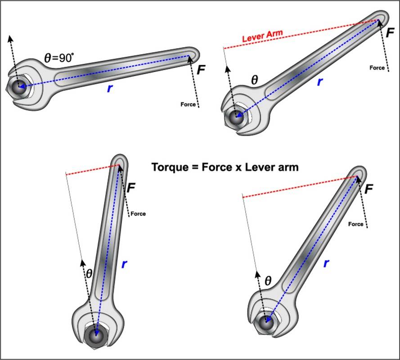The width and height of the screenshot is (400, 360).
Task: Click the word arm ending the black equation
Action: point(288,167)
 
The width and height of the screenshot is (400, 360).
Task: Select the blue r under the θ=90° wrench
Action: point(109,88)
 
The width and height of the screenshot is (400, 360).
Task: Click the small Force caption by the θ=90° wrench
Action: point(188,104)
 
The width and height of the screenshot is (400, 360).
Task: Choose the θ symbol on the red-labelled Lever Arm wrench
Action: point(254,80)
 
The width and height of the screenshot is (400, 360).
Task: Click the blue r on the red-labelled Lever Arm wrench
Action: point(320,81)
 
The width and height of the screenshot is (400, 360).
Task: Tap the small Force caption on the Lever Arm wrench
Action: point(377,68)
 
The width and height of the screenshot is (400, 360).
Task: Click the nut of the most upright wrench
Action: point(96,335)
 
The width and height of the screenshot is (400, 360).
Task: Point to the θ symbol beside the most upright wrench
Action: point(89,273)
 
